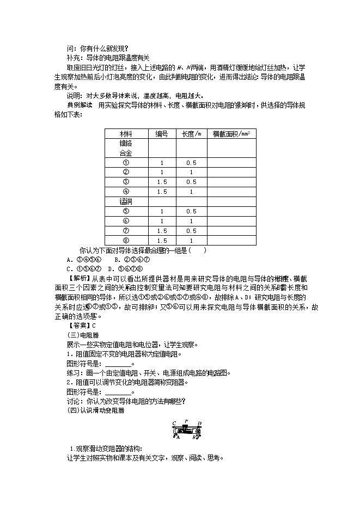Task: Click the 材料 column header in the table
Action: (x=126, y=133)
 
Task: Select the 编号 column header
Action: (x=162, y=133)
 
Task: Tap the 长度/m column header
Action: (x=191, y=133)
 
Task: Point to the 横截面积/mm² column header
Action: (x=231, y=133)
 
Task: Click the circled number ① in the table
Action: (x=126, y=163)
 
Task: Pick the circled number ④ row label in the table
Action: (x=126, y=192)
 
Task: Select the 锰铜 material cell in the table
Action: (x=126, y=201)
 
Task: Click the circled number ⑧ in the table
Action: (x=126, y=241)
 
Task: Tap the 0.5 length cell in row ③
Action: (x=191, y=182)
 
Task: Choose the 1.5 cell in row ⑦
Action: (x=162, y=231)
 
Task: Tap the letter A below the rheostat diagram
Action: (x=178, y=437)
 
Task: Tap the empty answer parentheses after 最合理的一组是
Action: (x=197, y=250)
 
